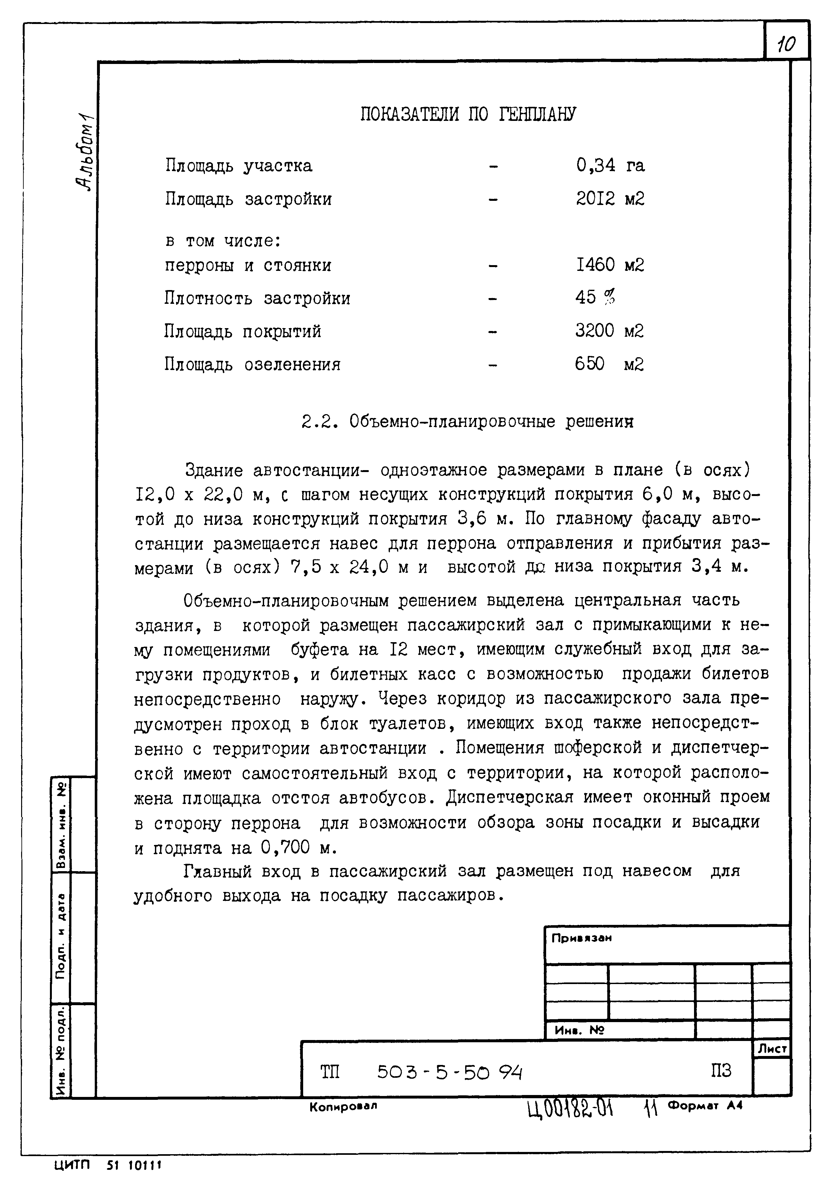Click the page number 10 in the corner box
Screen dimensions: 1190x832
click(786, 43)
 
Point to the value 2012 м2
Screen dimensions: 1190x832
click(610, 199)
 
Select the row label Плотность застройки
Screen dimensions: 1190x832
click(257, 298)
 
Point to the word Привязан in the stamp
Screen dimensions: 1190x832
click(581, 938)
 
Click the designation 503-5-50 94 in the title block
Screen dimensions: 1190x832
click(449, 1072)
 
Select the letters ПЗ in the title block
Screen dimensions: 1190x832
click(721, 1071)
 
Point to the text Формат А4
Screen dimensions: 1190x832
click(706, 1106)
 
